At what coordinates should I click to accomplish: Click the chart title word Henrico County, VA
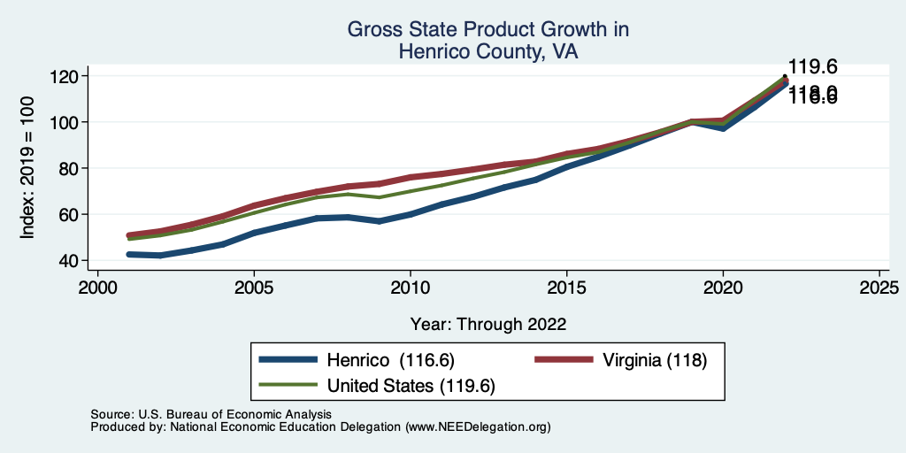pyautogui.click(x=488, y=52)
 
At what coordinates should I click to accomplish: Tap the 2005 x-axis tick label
pyautogui.click(x=254, y=289)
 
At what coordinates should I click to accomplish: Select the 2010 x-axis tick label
pyautogui.click(x=411, y=289)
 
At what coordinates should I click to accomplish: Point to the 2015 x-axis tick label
pyautogui.click(x=566, y=289)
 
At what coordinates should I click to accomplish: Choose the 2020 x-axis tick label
pyautogui.click(x=723, y=289)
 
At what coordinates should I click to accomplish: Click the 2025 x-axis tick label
pyautogui.click(x=879, y=289)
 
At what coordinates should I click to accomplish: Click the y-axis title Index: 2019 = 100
pyautogui.click(x=28, y=168)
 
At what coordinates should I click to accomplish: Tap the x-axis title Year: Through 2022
pyautogui.click(x=488, y=324)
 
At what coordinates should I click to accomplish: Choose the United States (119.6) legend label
pyautogui.click(x=411, y=386)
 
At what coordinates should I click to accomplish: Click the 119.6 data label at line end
pyautogui.click(x=813, y=66)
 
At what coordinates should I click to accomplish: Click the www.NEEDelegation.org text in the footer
pyautogui.click(x=478, y=426)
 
